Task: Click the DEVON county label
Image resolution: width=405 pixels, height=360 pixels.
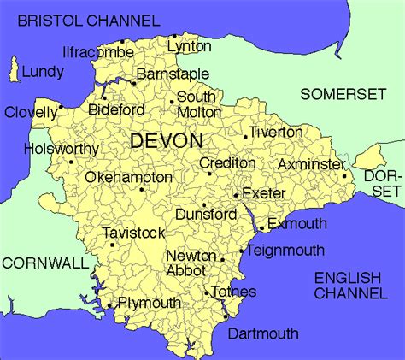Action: (x=167, y=140)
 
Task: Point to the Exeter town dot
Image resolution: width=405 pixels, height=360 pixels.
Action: (x=236, y=194)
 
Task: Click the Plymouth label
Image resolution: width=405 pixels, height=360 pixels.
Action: (x=149, y=303)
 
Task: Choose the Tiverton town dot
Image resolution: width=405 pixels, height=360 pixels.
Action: (x=245, y=137)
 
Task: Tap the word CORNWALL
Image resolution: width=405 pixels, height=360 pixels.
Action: (x=41, y=263)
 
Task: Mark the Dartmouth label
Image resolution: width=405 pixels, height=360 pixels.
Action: (x=262, y=333)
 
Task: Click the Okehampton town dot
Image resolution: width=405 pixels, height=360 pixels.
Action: (x=142, y=189)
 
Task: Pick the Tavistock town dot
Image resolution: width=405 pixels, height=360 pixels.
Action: (x=112, y=245)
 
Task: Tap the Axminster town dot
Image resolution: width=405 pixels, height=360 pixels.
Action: (x=344, y=177)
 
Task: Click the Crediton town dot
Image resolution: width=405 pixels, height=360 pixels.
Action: (x=209, y=174)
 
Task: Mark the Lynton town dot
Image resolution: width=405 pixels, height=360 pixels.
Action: (x=173, y=37)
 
